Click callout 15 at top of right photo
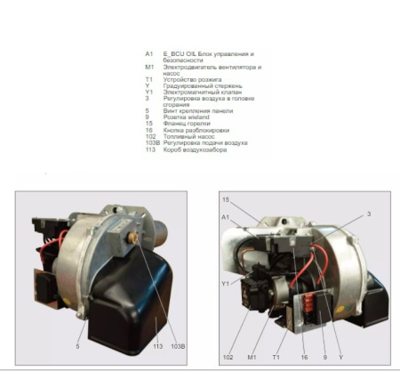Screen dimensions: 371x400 [x=226, y=200]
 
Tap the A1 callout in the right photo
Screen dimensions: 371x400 [x=226, y=217]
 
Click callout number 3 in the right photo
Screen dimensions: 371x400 [x=370, y=213]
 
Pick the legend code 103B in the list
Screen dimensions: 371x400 [x=151, y=142]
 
